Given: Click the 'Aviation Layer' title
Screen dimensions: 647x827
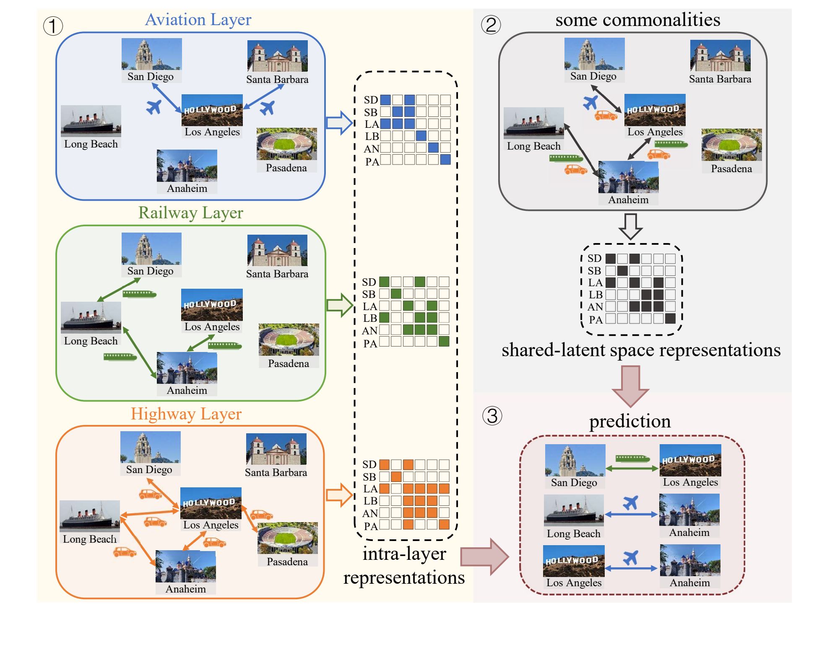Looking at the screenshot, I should point(198,20).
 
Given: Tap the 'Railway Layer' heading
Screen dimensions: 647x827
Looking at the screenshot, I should point(190,213).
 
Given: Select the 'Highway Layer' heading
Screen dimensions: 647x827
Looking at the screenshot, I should point(186,414).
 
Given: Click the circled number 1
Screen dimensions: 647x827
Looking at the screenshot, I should point(53,26).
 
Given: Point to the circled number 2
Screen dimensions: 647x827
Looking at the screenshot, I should point(491,25).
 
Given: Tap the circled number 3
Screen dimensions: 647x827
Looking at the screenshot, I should point(492,416).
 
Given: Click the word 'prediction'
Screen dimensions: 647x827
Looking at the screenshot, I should point(629,421).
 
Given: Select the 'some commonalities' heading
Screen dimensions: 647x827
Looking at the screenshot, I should point(637,20).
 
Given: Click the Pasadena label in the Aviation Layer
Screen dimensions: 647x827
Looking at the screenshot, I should point(286,168).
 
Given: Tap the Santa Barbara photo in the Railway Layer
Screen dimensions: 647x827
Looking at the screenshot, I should point(277,251).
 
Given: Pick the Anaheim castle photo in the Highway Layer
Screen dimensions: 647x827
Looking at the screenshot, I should point(185,567).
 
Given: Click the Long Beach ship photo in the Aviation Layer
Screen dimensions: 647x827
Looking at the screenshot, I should point(91,121).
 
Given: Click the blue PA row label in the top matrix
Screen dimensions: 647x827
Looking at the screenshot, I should point(372,162).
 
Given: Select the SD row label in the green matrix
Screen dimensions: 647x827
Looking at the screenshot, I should point(369,282).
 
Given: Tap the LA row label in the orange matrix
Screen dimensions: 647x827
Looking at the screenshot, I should point(370,489).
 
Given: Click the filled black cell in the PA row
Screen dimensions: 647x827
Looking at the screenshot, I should point(670,319).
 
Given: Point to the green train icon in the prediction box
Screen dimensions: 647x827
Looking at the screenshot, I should point(632,458).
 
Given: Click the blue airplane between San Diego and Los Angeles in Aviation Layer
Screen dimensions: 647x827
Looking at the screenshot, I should point(154,107).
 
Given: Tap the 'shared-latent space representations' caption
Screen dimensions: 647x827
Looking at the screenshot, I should point(641,350).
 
